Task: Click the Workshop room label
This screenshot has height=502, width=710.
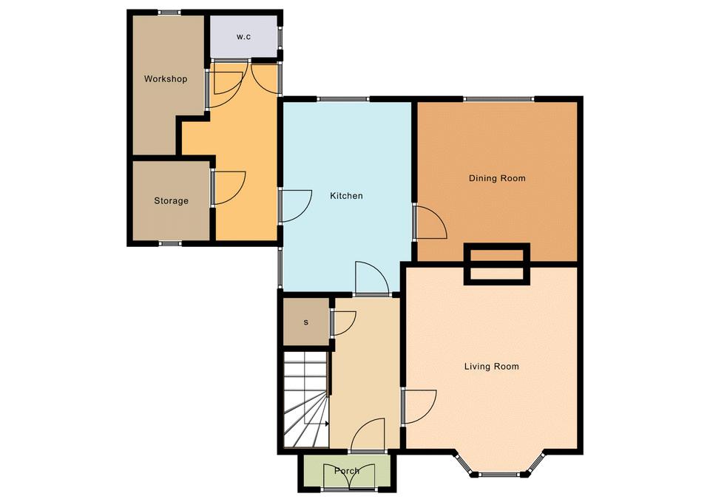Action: pyautogui.click(x=165, y=79)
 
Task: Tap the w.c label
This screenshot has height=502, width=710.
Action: pyautogui.click(x=243, y=37)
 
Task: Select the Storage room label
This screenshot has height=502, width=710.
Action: pyautogui.click(x=171, y=200)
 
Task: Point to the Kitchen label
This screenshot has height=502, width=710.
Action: pyautogui.click(x=346, y=195)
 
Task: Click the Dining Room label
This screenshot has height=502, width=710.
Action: pyautogui.click(x=497, y=178)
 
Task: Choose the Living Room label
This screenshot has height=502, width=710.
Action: pyautogui.click(x=492, y=366)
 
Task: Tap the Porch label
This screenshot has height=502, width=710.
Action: pyautogui.click(x=347, y=471)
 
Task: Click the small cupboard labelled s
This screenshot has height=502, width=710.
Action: pyautogui.click(x=306, y=322)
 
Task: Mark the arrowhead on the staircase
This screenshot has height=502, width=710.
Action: pyautogui.click(x=326, y=424)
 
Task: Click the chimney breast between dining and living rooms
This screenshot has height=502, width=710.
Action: pyautogui.click(x=497, y=264)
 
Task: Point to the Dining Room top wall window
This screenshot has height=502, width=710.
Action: pyautogui.click(x=498, y=98)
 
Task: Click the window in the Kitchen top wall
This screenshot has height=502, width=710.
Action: pyautogui.click(x=342, y=98)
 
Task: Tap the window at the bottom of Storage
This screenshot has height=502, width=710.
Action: pyautogui.click(x=170, y=243)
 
